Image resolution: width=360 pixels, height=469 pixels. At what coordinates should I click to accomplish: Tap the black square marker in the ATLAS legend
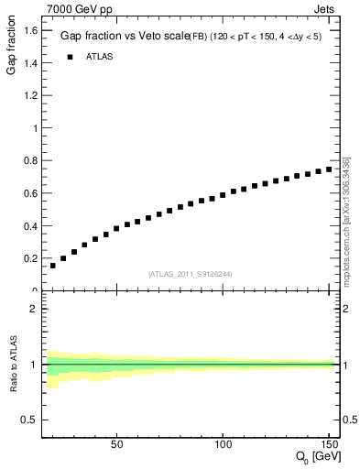70,57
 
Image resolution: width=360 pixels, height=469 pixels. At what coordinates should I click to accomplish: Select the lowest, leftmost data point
53,266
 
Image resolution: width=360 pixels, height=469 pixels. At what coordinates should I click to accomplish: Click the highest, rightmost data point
329,169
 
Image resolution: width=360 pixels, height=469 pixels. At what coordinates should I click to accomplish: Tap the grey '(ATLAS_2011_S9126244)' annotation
191,274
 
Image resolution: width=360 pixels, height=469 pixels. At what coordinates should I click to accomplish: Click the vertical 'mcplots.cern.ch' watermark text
347,220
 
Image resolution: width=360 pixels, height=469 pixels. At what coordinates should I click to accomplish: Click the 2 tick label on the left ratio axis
33,309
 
